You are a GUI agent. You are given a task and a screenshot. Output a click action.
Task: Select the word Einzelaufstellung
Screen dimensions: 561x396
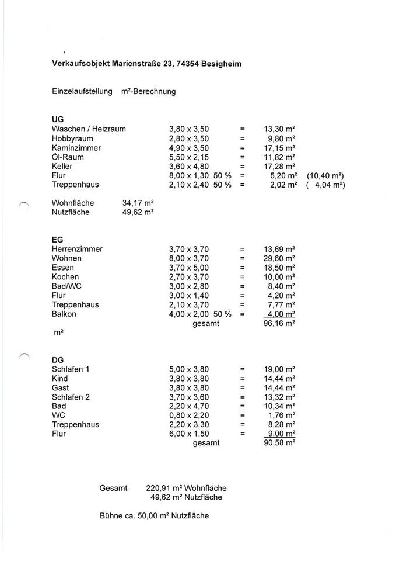point(82,92)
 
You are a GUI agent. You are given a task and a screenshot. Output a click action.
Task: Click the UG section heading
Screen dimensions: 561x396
point(58,119)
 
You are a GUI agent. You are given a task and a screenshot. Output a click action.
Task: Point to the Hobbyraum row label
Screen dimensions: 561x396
point(72,138)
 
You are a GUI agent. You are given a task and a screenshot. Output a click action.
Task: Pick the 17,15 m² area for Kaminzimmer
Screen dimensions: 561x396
point(279,148)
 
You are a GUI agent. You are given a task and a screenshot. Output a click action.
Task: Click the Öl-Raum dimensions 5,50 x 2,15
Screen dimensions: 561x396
point(188,157)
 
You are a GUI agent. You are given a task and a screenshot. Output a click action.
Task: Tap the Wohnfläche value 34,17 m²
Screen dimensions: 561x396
point(138,203)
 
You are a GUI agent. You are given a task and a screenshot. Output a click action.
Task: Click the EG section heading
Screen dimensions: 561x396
point(57,240)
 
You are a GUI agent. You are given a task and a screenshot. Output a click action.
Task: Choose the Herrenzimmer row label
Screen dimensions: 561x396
point(77,249)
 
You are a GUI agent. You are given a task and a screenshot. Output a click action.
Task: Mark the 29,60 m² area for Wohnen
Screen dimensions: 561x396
point(279,258)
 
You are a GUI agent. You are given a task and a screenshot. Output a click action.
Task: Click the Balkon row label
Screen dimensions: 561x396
point(64,314)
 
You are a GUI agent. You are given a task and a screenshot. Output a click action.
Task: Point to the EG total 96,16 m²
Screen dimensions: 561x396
point(279,323)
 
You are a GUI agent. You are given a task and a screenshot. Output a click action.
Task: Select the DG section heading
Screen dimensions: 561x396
point(58,360)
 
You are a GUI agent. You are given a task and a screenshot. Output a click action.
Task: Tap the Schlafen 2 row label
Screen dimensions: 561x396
point(71,397)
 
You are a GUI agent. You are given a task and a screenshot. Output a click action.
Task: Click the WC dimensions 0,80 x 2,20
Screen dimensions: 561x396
point(188,415)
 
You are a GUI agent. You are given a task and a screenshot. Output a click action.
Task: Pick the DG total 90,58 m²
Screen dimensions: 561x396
point(279,443)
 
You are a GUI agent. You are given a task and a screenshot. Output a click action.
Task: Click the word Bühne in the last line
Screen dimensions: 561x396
point(111,516)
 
